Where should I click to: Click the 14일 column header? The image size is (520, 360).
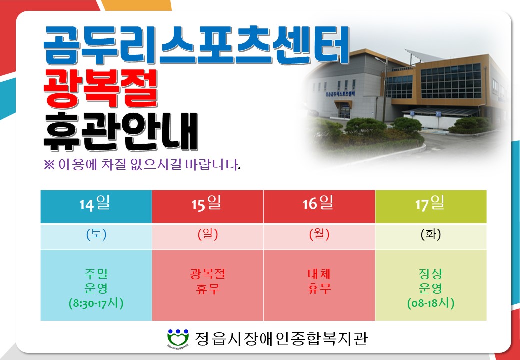(x=96, y=207)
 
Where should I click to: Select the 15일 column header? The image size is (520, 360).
(x=208, y=207)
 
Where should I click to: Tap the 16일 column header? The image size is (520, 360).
(x=319, y=207)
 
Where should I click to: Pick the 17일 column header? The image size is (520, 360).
(x=431, y=207)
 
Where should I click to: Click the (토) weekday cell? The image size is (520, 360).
(x=96, y=236)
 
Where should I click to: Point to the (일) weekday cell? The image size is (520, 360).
(x=208, y=236)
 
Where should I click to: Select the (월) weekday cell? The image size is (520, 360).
(x=319, y=236)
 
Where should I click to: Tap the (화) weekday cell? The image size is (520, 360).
(x=431, y=236)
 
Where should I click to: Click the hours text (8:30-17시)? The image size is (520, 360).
(x=96, y=303)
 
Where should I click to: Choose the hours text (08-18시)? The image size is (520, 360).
(x=431, y=303)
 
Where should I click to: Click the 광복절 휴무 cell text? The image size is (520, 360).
(x=208, y=282)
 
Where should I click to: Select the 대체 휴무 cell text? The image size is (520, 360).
(x=319, y=282)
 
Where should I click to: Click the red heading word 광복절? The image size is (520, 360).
(x=101, y=89)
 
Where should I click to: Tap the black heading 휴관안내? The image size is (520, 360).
(x=120, y=132)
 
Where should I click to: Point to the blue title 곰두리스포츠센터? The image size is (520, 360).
(x=196, y=45)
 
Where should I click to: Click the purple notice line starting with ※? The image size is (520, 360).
(x=142, y=164)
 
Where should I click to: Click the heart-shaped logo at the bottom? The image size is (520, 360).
(x=178, y=338)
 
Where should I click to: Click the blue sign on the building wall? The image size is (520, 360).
(x=340, y=93)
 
